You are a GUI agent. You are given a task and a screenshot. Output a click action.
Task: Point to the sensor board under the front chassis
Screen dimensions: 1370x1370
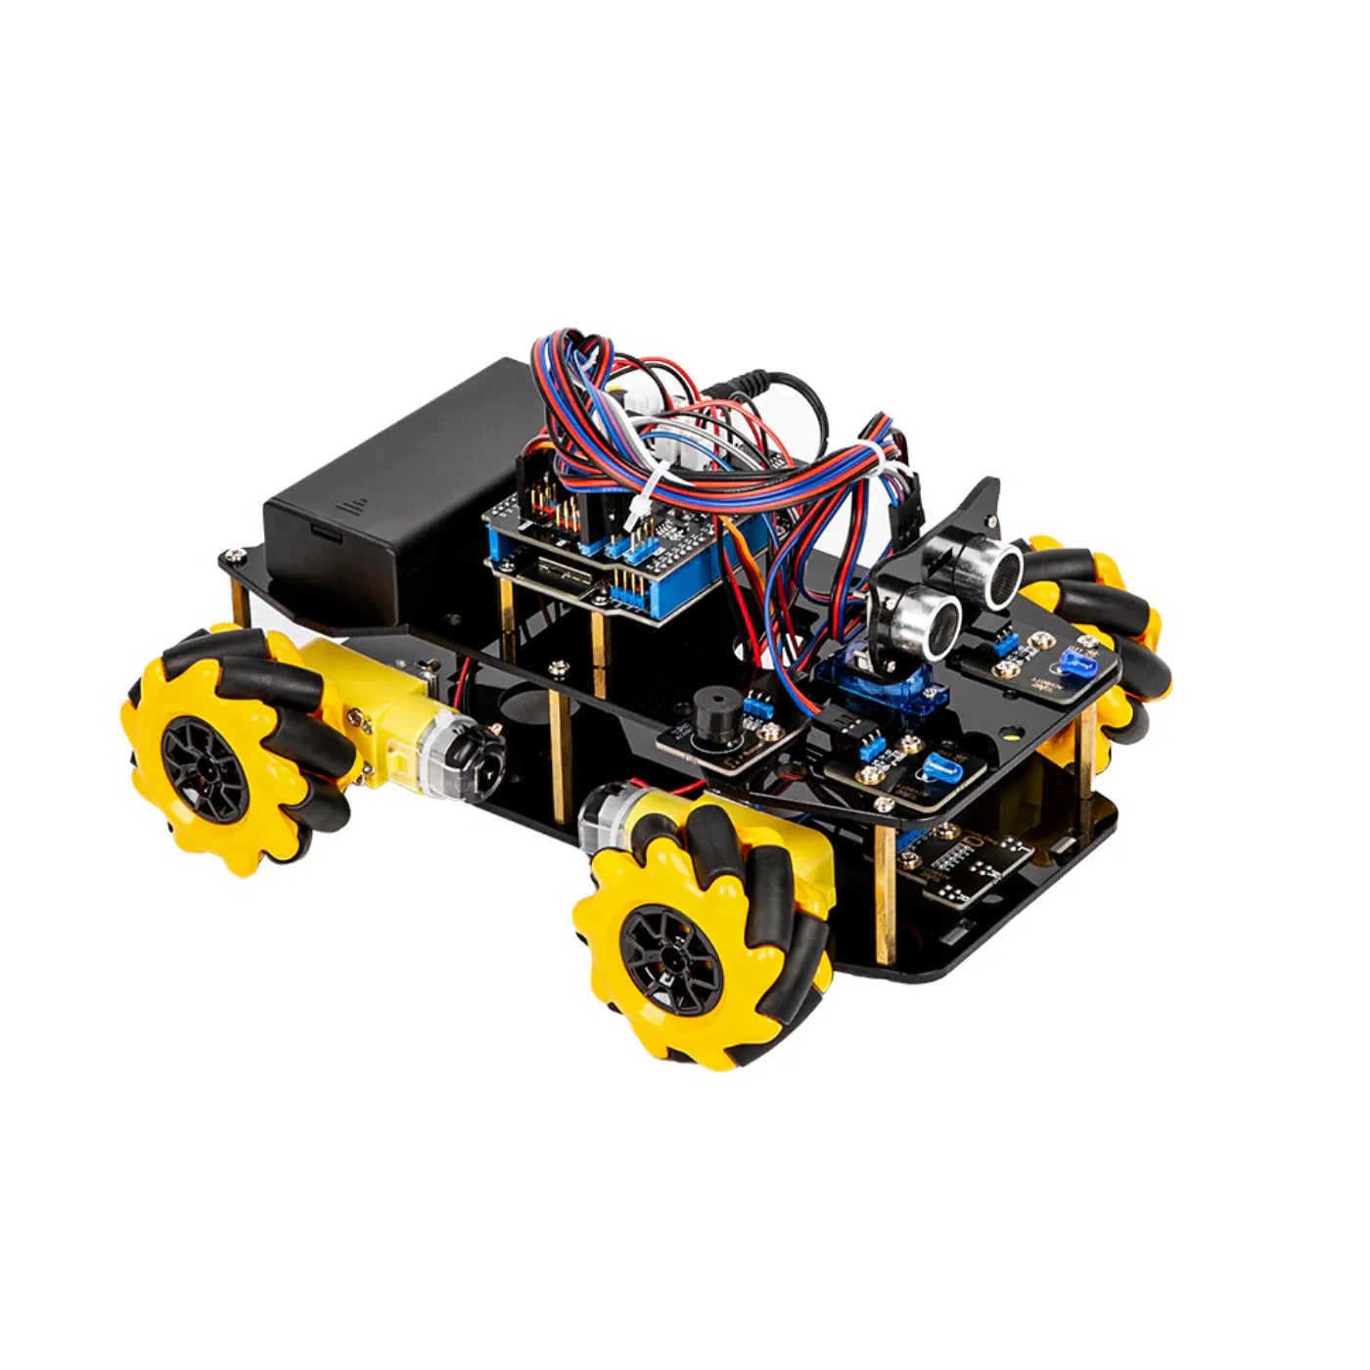click(x=969, y=861)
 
